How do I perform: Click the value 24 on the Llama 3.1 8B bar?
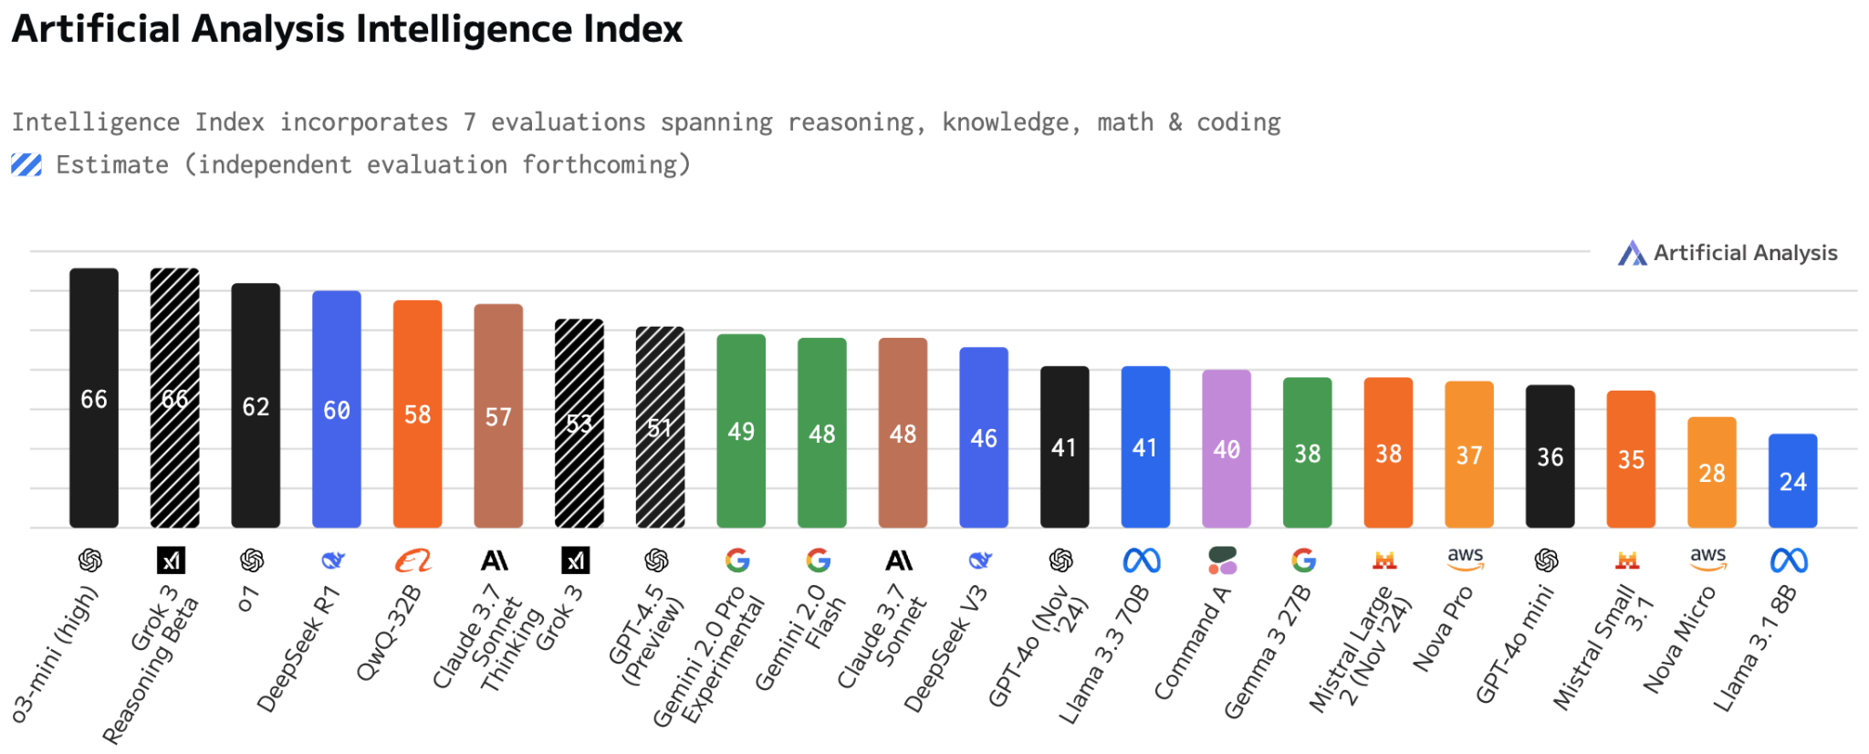1792,482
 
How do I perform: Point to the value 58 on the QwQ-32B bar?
417,414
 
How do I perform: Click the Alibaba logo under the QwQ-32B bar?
413,560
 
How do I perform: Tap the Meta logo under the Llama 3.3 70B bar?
1142,560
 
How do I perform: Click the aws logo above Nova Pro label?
1466,559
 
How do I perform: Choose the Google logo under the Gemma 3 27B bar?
1304,560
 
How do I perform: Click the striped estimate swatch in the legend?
26,165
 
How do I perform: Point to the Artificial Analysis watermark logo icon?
1632,253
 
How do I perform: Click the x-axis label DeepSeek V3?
945,649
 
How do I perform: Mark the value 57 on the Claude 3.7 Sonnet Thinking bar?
498,417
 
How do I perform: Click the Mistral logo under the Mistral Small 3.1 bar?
1627,560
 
